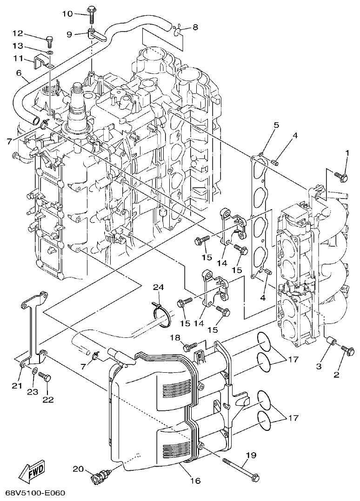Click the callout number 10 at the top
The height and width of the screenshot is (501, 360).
click(x=67, y=14)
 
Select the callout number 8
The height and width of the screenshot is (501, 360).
click(x=195, y=27)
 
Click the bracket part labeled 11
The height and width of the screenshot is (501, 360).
click(x=41, y=62)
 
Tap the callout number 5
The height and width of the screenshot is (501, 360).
click(x=276, y=125)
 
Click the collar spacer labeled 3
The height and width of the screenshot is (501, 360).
click(x=332, y=343)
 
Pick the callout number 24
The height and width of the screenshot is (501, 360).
click(x=159, y=288)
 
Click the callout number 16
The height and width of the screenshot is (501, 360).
click(x=195, y=481)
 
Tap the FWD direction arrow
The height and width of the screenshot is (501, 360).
click(x=31, y=473)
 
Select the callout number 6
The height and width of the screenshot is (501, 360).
click(x=19, y=73)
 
